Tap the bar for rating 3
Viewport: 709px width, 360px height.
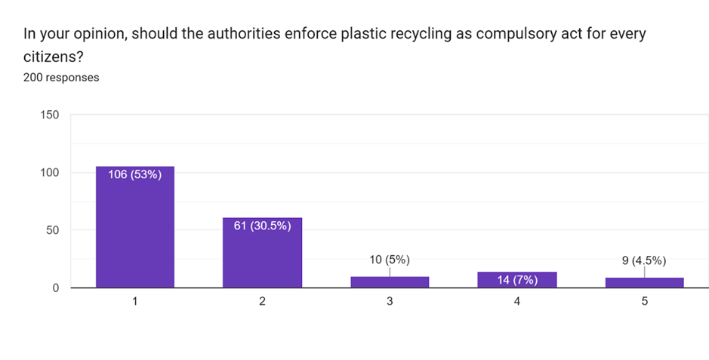(x=390, y=282)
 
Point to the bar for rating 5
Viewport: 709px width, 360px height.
(x=644, y=282)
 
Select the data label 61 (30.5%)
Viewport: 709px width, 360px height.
(x=262, y=226)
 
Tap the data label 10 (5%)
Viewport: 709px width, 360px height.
(x=390, y=260)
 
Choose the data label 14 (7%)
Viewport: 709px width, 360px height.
(x=517, y=280)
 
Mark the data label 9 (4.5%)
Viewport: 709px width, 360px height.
(x=644, y=260)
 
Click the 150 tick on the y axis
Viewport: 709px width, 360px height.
(x=48, y=115)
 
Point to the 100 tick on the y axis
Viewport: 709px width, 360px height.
(x=48, y=173)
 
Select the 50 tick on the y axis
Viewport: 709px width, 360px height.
(x=51, y=230)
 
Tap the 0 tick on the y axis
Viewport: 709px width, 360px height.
(x=55, y=288)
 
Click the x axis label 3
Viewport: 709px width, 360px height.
(x=390, y=301)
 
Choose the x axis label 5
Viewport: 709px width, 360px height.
(x=644, y=301)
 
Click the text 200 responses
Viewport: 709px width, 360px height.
(x=61, y=77)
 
